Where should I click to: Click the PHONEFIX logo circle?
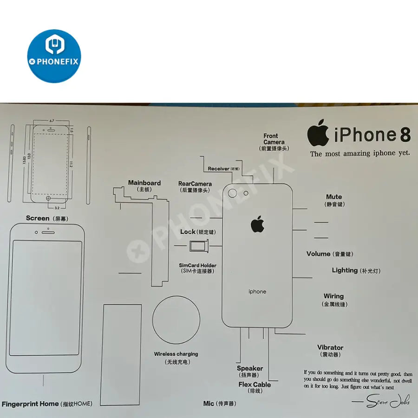tap(54, 56)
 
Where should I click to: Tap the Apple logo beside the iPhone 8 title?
tap(318, 134)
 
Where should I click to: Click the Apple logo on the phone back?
tap(258, 224)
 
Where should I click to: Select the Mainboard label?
tap(144, 183)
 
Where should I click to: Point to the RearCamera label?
tap(195, 184)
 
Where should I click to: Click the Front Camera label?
tap(274, 139)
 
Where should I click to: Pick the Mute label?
tap(334, 197)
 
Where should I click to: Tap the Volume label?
tap(319, 254)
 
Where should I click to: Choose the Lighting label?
tap(345, 270)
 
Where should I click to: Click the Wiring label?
tap(333, 296)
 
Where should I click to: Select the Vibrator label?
tap(330, 347)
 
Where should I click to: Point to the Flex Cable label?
tap(255, 385)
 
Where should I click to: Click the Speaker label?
tap(250, 368)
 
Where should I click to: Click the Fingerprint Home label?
tap(30, 404)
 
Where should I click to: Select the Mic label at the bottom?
tap(209, 404)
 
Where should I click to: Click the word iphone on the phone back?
tap(257, 292)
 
